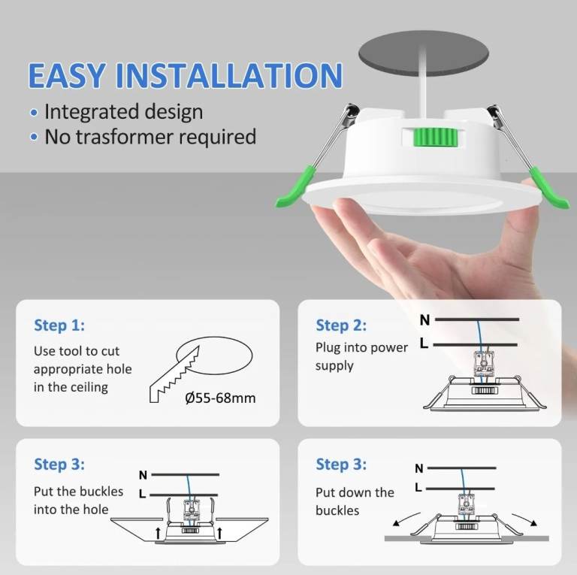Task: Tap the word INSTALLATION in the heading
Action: coord(229,75)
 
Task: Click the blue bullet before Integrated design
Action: coord(34,113)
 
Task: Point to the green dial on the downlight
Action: coord(435,138)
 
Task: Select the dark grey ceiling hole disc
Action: coord(424,53)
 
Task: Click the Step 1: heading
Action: coord(59,325)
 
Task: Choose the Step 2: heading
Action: coord(341,325)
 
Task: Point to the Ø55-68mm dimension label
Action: coord(220,398)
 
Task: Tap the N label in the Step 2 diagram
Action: coord(424,320)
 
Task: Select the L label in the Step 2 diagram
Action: coord(424,343)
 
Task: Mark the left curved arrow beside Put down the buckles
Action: coord(406,518)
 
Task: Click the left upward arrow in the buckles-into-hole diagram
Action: coord(158,532)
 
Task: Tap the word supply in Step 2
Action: coord(334,366)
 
